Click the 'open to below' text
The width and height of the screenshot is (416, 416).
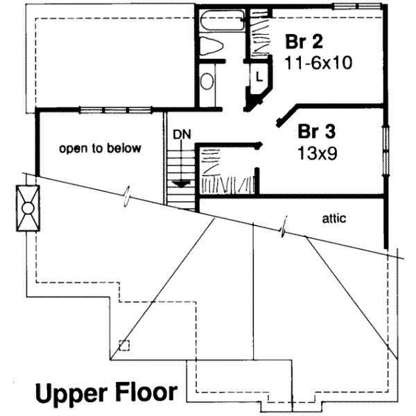(100, 148)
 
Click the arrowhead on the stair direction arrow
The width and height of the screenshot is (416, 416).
(182, 184)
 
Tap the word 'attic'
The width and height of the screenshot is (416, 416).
(334, 218)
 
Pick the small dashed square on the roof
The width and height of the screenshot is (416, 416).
(123, 345)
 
